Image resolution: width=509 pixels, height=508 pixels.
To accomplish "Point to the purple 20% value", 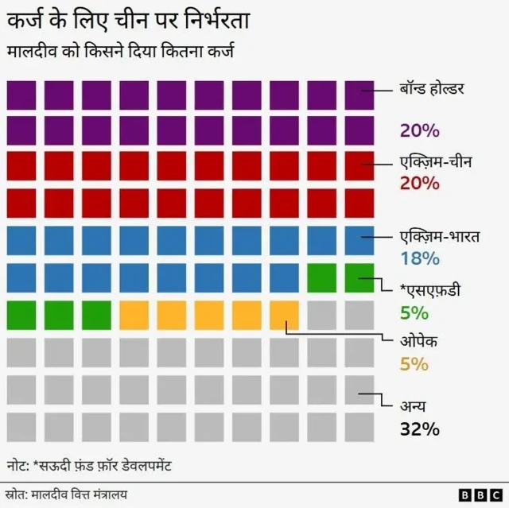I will [x=420, y=130].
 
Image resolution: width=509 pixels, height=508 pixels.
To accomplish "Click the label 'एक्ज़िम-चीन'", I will [x=436, y=162].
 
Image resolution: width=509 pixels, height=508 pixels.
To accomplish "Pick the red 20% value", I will [x=420, y=184].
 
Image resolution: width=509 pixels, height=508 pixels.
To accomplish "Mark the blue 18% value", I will [x=419, y=258].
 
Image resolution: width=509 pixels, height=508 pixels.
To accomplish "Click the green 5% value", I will [x=414, y=312].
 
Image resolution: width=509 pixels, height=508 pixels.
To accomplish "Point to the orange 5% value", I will [x=414, y=364].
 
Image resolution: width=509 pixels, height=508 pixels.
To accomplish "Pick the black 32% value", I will [x=420, y=430].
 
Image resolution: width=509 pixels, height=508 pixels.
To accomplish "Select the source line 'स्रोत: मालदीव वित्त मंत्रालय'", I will [x=67, y=494].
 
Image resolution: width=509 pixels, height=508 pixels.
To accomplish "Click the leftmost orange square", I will [x=134, y=315].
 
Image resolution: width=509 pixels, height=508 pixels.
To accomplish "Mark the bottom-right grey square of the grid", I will [x=359, y=426].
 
